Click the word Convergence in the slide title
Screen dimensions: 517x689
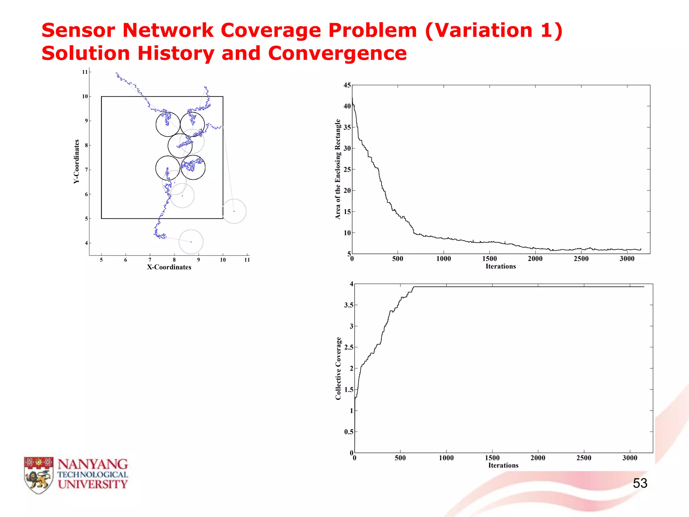click(337, 53)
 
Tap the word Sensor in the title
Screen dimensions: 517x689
click(78, 30)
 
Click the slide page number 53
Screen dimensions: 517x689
click(640, 483)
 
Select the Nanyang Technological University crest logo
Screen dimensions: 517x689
click(39, 475)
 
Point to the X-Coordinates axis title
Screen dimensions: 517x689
click(169, 267)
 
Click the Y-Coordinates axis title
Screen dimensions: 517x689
click(77, 162)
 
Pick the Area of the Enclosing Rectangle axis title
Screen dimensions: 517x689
click(338, 169)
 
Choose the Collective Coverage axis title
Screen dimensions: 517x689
click(338, 368)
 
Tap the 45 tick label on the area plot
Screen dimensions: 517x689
click(347, 85)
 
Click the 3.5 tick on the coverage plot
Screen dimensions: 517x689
click(349, 305)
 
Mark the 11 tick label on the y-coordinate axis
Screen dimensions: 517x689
click(85, 72)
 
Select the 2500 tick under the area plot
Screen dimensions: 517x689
click(581, 259)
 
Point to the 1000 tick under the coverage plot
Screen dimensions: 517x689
click(446, 458)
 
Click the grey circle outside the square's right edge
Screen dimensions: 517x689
click(234, 211)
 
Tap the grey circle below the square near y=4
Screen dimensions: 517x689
click(191, 242)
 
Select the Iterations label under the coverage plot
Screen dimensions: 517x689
click(503, 466)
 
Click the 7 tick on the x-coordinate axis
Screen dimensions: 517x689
click(150, 260)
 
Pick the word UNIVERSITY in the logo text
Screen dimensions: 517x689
click(93, 484)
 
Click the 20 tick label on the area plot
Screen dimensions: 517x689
click(347, 191)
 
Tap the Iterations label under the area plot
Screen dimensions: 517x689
click(501, 266)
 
